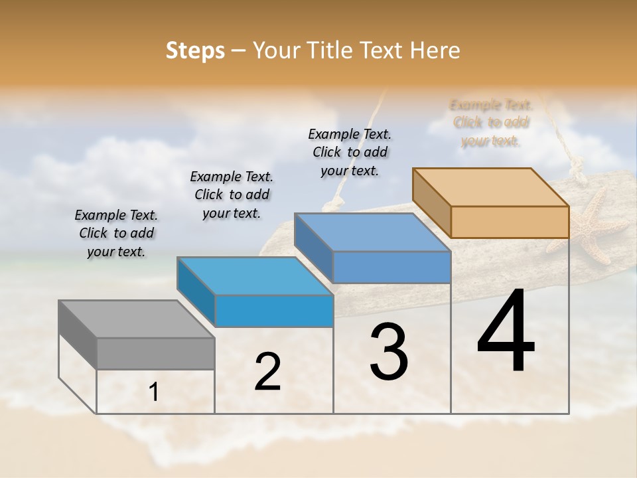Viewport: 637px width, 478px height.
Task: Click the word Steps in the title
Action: pyautogui.click(x=195, y=50)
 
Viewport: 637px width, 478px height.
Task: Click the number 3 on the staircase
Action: pyautogui.click(x=389, y=353)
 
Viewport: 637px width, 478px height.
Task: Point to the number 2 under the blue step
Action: pyautogui.click(x=267, y=372)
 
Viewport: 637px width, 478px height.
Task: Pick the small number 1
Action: pyautogui.click(x=154, y=392)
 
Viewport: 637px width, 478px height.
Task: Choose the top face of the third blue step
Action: pyautogui.click(x=372, y=232)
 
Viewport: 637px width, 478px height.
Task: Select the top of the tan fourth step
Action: pyautogui.click(x=490, y=187)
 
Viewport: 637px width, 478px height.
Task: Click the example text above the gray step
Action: pyautogui.click(x=116, y=233)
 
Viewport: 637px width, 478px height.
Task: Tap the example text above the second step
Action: pyautogui.click(x=232, y=195)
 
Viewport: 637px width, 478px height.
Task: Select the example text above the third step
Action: pyautogui.click(x=350, y=152)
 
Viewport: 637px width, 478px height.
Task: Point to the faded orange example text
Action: pyautogui.click(x=491, y=123)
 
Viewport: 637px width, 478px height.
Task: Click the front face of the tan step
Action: pyautogui.click(x=510, y=222)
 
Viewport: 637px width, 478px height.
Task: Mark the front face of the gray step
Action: pyautogui.click(x=155, y=353)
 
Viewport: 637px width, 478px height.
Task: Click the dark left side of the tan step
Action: pyautogui.click(x=431, y=202)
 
